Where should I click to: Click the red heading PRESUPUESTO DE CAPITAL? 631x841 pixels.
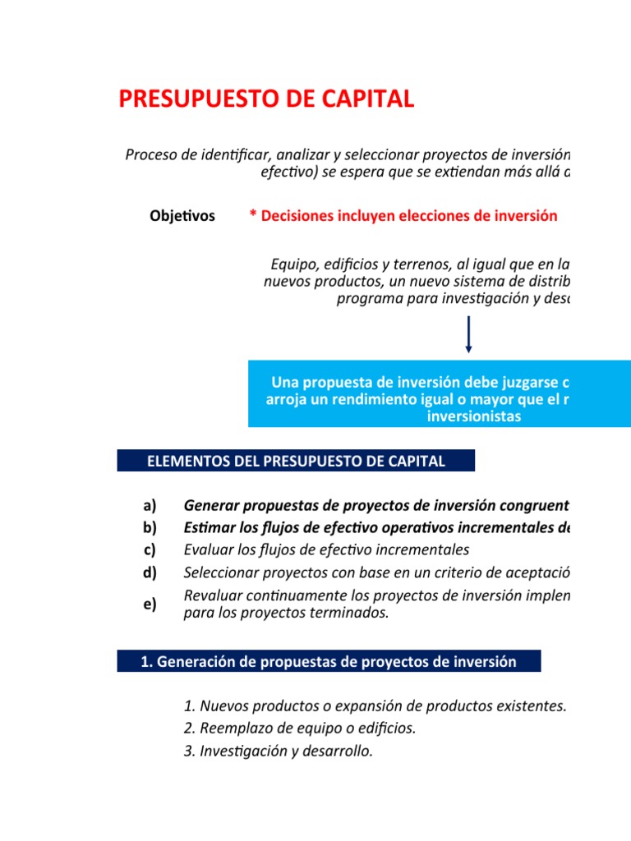coord(266,99)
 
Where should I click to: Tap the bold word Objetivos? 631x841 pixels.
coord(182,216)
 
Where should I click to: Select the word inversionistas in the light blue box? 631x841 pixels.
coord(474,416)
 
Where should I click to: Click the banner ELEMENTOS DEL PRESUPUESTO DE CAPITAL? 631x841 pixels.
coord(296,461)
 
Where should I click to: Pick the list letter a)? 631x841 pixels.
coord(150,504)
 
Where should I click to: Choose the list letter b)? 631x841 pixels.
coord(150,527)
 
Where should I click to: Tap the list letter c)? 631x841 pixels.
coord(150,549)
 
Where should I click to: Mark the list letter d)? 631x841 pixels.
coord(150,572)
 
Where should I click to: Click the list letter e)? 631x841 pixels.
coord(150,604)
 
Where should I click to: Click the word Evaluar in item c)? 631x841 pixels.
coord(210,549)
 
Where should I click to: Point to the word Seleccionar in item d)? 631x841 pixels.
coord(219,572)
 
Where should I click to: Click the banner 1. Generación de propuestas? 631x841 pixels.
coord(329,662)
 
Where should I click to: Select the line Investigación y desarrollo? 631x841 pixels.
coord(279,751)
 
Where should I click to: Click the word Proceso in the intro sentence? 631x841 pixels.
coord(150,154)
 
